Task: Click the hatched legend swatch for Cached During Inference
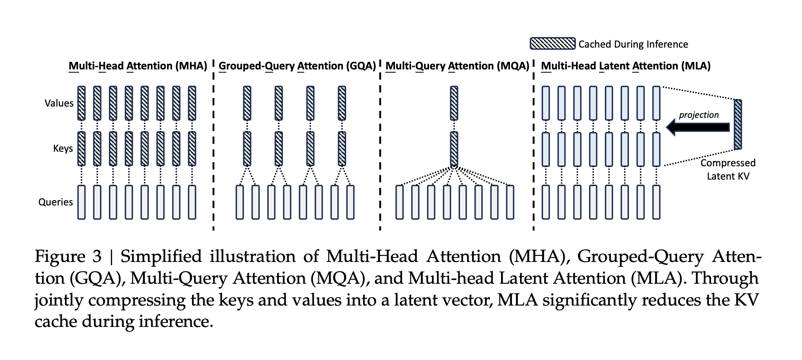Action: coord(552,44)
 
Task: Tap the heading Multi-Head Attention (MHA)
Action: coord(138,66)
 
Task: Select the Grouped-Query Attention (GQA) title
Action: coord(297,66)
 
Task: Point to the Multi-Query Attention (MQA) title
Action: coord(457,66)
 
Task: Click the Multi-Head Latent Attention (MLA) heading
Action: coord(625,66)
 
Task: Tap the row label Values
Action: coord(59,103)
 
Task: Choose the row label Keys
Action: coord(63,149)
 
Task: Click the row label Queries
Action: coord(56,202)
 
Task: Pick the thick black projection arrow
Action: coord(698,127)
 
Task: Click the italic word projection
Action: coord(699,115)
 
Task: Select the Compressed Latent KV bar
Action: coord(738,124)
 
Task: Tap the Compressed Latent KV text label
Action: coord(728,170)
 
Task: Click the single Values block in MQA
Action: coord(454,103)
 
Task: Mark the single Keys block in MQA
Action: coord(454,149)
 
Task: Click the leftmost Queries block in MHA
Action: coord(81,202)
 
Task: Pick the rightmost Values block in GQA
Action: coord(342,103)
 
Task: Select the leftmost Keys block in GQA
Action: coord(247,149)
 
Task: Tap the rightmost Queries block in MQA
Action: coord(510,202)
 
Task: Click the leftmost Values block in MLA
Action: coord(545,103)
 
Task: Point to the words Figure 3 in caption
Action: coord(68,257)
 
